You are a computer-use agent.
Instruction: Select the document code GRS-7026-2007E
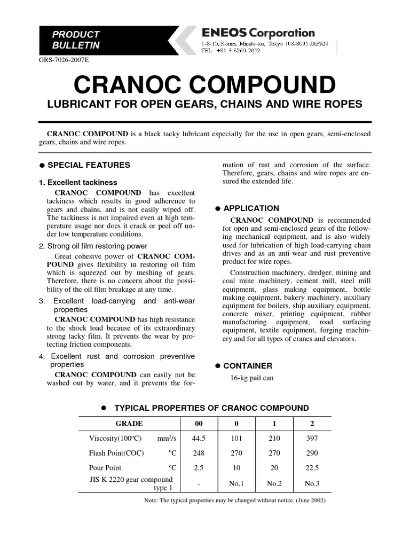click(64, 60)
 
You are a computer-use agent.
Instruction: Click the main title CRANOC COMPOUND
click(204, 84)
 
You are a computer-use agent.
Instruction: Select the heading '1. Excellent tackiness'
click(78, 182)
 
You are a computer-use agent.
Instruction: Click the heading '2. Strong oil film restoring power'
click(93, 246)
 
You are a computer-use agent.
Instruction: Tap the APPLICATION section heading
click(250, 208)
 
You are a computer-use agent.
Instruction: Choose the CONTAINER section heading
click(247, 366)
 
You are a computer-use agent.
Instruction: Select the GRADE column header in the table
click(129, 424)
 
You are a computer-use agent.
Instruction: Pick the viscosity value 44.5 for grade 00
click(199, 439)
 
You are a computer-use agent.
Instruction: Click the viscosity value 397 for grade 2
click(312, 439)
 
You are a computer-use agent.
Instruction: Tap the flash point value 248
click(199, 453)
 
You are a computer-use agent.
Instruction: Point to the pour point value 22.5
click(312, 467)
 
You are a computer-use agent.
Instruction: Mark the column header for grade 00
click(199, 424)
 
